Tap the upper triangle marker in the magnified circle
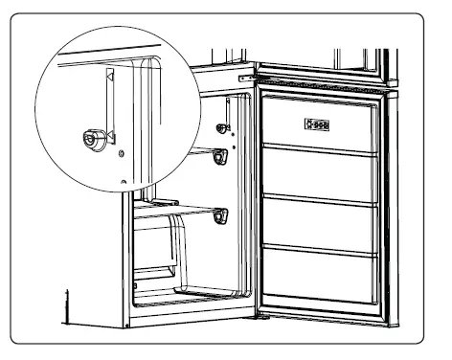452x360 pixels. point(110,75)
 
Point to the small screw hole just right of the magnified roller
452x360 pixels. point(120,152)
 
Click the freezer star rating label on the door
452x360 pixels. point(318,123)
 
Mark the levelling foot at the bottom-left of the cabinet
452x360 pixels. point(67,307)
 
